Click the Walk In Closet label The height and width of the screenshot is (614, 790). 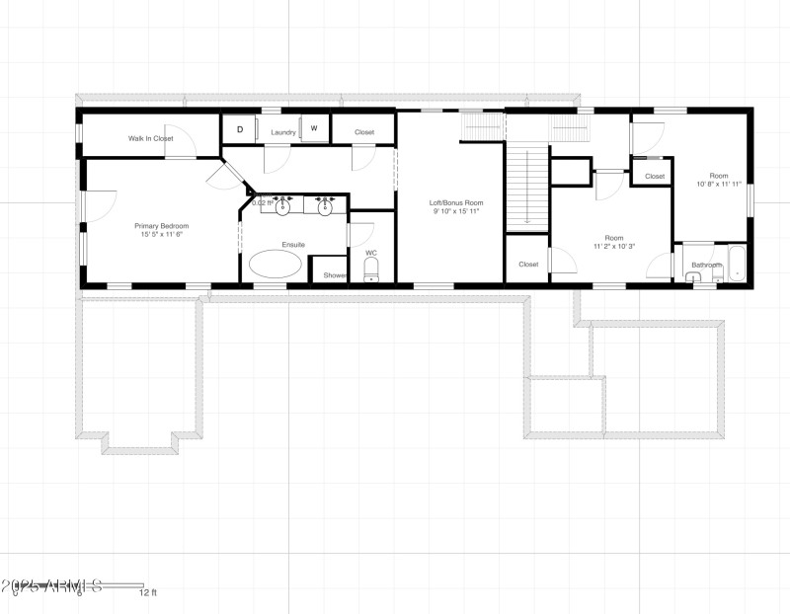[x=150, y=139]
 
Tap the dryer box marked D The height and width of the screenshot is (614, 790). [x=239, y=130]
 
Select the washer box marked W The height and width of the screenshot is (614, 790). [x=315, y=129]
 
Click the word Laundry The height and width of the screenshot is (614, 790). [x=284, y=132]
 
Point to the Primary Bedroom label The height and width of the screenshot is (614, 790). [x=162, y=226]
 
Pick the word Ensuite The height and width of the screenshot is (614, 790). [x=293, y=244]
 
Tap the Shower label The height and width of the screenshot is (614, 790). [x=335, y=275]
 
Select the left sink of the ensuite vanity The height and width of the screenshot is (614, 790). [x=283, y=205]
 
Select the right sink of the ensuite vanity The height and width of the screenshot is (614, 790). [x=323, y=205]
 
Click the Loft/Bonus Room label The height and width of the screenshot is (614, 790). [x=455, y=203]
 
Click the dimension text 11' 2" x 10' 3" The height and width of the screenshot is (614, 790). [x=613, y=247]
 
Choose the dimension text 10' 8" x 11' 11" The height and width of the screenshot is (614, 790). [x=719, y=184]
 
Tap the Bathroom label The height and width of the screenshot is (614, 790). [x=706, y=265]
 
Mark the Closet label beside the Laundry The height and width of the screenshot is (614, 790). [x=364, y=132]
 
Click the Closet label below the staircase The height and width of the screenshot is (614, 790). [x=528, y=265]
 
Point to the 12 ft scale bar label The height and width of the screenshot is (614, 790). [x=147, y=593]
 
